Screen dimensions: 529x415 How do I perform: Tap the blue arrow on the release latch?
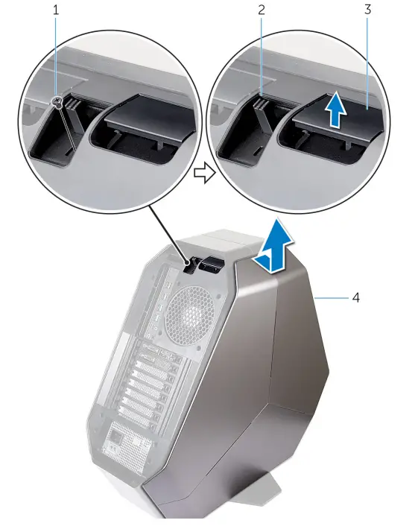pyautogui.click(x=336, y=111)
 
